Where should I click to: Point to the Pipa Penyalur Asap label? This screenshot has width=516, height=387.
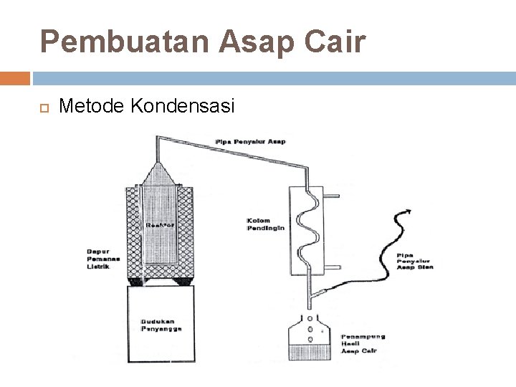click(x=250, y=141)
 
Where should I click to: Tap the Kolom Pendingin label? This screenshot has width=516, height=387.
click(x=265, y=224)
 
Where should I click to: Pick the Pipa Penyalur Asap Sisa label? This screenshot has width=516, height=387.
click(x=415, y=261)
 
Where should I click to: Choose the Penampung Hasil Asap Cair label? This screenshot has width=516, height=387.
click(x=363, y=343)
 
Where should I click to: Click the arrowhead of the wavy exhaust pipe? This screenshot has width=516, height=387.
click(x=408, y=211)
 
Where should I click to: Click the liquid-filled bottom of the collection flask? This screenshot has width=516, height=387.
click(x=309, y=353)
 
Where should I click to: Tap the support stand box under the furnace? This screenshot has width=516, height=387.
click(x=161, y=322)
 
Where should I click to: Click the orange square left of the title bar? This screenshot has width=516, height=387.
click(x=15, y=77)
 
